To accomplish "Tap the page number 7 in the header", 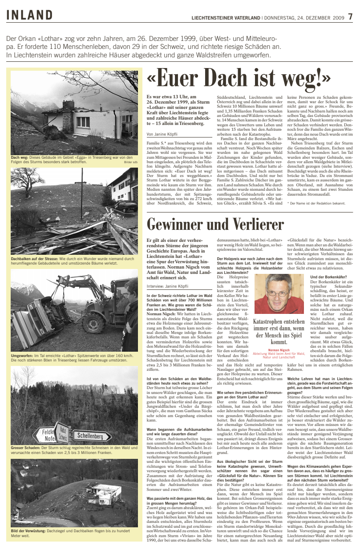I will click(350, 17).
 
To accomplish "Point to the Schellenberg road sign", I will click(91, 436).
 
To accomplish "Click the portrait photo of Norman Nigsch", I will click(279, 293).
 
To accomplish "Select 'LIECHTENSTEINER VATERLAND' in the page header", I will click(226, 18).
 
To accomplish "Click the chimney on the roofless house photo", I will click(69, 105).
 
